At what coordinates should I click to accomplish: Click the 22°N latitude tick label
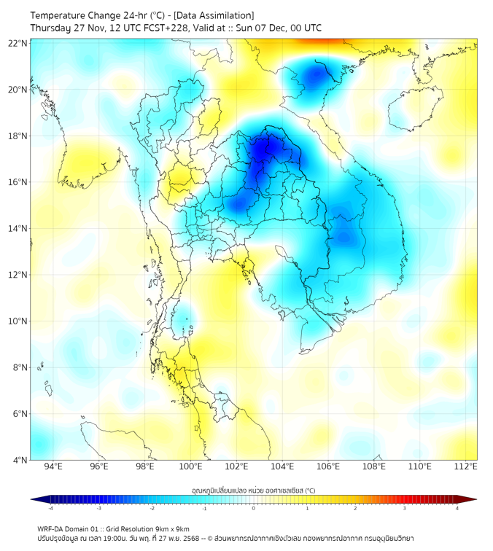coord(18,43)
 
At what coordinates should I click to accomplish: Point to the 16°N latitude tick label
coord(18,182)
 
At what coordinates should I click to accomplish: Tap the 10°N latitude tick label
coord(18,321)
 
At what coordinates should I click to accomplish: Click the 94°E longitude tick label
coord(53,466)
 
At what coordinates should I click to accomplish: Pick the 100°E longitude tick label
coord(190,466)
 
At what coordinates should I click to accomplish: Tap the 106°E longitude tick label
coord(328,466)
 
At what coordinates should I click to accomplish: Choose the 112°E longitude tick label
coord(465,466)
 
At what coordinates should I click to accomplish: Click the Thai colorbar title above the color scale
coord(253,491)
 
